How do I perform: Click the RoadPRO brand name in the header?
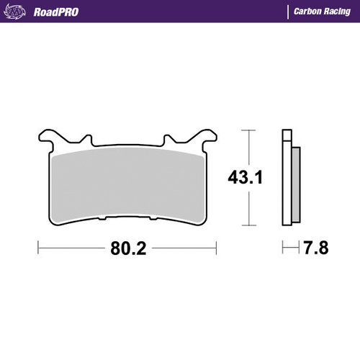click(53, 12)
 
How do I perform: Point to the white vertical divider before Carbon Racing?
click(289, 12)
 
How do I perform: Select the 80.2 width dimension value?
click(128, 249)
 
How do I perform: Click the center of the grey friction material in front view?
click(127, 180)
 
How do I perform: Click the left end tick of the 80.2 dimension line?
click(37, 249)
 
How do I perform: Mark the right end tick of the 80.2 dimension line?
click(217, 249)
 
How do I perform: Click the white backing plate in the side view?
click(287, 176)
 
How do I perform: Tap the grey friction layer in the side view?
click(295, 180)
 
